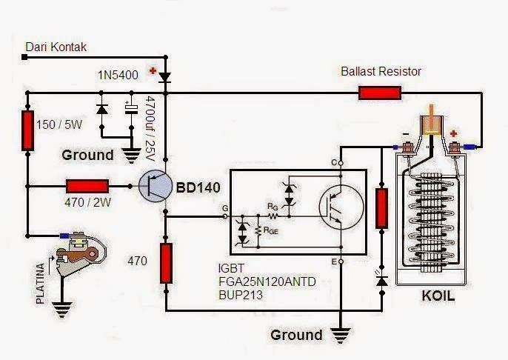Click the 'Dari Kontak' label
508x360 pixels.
[56, 47]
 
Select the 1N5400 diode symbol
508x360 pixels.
[164, 76]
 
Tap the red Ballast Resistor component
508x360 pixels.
[379, 93]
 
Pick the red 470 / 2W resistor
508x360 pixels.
[87, 187]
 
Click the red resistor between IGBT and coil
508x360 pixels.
[382, 207]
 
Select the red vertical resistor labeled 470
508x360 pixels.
[166, 262]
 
